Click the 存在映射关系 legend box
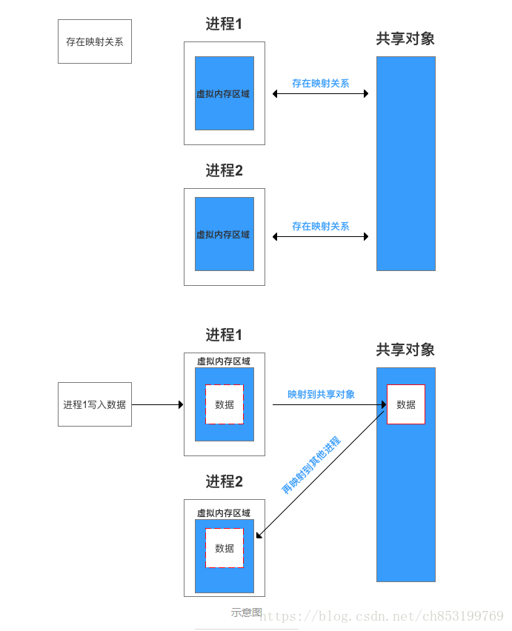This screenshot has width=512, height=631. point(95,41)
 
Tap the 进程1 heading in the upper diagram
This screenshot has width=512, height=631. point(224,24)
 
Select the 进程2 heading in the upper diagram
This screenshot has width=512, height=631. point(224,170)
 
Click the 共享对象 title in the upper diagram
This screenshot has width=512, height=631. point(405,39)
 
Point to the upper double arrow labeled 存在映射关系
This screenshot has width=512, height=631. point(320,94)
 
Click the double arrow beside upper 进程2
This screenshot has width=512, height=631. point(320,237)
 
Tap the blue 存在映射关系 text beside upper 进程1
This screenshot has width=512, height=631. point(320,84)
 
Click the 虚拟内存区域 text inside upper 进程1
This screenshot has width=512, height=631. point(223,94)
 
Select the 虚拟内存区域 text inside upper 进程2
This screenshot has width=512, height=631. point(223,235)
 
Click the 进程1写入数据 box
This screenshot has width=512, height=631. point(95,404)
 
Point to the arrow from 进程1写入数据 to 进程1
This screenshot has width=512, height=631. point(157,404)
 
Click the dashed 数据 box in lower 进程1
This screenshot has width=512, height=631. point(225,404)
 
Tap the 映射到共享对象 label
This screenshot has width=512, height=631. point(321,394)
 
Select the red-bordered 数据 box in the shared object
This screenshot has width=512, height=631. point(406,404)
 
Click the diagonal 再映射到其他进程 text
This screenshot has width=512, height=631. point(311,465)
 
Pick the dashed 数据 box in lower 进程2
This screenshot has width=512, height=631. point(225,548)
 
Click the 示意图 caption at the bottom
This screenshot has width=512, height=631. point(246,612)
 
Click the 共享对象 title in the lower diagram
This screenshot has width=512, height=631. point(405,350)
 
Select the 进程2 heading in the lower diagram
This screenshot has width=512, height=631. point(224,481)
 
